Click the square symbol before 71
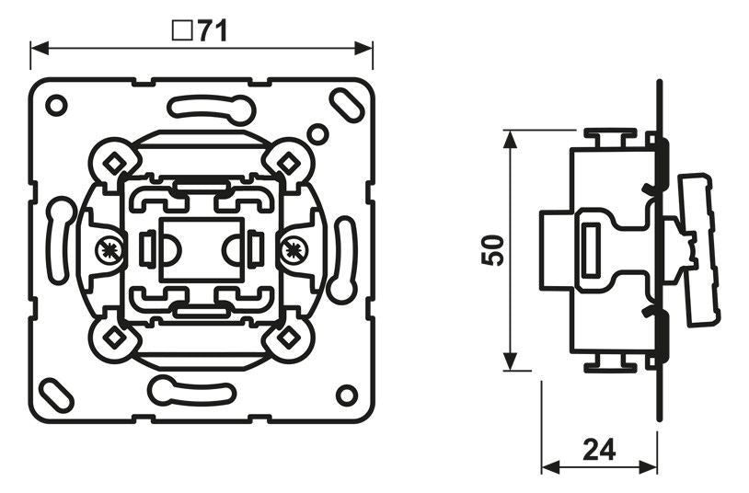(182, 30)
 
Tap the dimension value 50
(494, 250)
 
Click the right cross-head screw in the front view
(294, 247)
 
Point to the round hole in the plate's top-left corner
(57, 105)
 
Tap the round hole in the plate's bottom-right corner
(346, 395)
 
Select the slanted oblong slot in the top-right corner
(349, 102)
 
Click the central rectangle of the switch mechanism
(202, 248)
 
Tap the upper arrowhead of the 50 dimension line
(508, 137)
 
